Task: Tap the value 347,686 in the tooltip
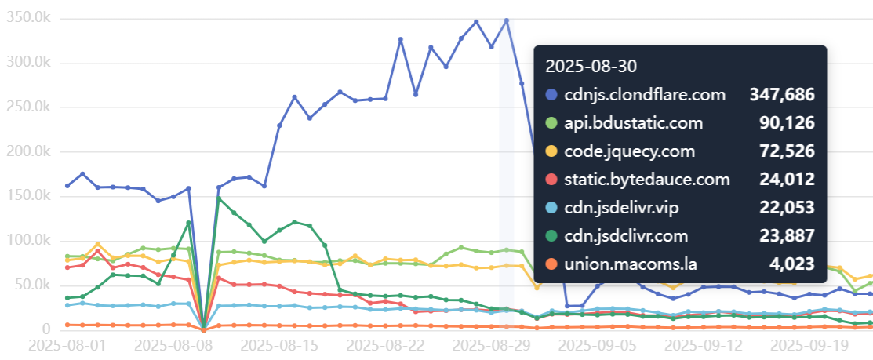[781, 95]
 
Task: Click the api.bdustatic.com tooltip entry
[635, 123]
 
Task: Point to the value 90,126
[787, 123]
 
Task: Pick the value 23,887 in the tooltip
[787, 236]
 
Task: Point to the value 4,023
[791, 264]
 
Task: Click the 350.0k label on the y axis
[28, 18]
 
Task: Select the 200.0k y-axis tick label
[28, 151]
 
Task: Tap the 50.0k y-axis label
[31, 284]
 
